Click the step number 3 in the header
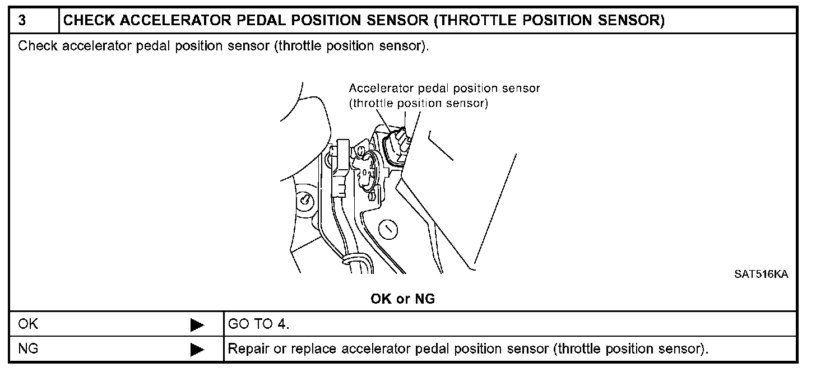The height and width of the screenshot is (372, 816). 22,21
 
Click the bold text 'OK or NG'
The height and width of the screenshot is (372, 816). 402,299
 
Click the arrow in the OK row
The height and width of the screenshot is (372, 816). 197,325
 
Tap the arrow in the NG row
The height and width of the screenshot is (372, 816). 197,350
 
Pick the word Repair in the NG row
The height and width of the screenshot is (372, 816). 246,349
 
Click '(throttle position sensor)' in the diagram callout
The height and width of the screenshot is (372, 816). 418,103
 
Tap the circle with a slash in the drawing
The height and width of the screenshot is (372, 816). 388,229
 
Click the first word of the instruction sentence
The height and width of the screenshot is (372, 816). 38,46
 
